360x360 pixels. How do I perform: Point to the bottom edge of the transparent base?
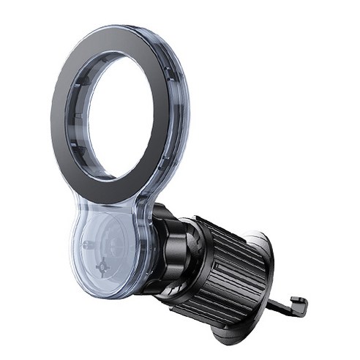[x=110, y=294]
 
